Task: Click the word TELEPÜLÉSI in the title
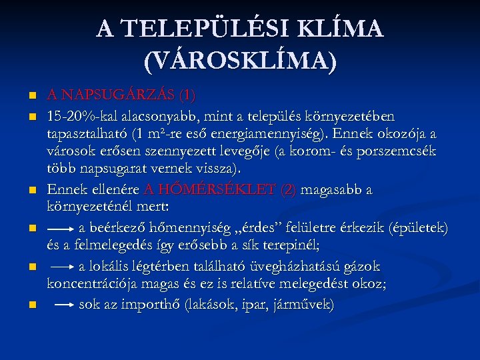(x=204, y=29)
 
